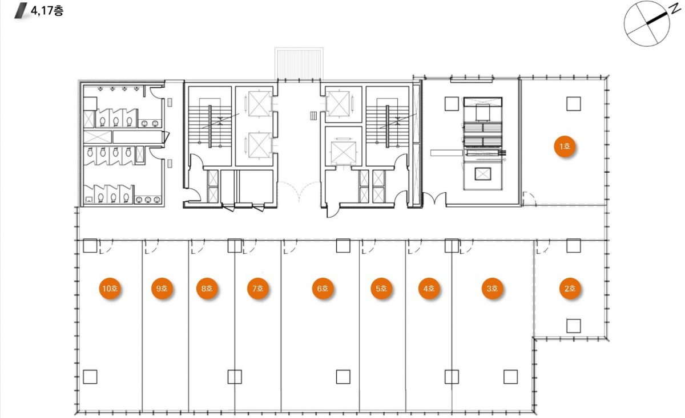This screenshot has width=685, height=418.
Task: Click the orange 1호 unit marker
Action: pyautogui.click(x=565, y=147)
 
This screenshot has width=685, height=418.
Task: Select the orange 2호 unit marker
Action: pyautogui.click(x=570, y=289)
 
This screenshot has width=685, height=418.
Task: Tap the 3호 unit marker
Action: pyautogui.click(x=492, y=289)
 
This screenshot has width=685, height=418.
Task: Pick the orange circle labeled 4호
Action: pyautogui.click(x=429, y=289)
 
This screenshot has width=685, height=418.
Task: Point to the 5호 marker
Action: pyautogui.click(x=381, y=289)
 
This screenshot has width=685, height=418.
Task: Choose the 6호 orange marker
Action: pyautogui.click(x=323, y=289)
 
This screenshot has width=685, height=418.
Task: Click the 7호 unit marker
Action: pyautogui.click(x=258, y=289)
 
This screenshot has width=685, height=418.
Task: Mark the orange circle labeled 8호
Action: pyautogui.click(x=207, y=289)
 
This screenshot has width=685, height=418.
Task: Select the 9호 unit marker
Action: pyautogui.click(x=162, y=289)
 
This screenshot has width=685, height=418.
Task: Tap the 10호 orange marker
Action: pyautogui.click(x=110, y=289)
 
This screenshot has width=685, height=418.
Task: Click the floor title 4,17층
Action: pyautogui.click(x=47, y=11)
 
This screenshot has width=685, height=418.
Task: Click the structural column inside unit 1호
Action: pyautogui.click(x=573, y=104)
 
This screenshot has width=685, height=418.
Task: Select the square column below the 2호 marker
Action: pyautogui.click(x=573, y=326)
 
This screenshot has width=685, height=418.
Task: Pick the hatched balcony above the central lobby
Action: pyautogui.click(x=299, y=63)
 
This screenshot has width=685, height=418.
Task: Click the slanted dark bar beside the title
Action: pyautogui.click(x=21, y=11)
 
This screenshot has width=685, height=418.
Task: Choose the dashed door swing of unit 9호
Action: pyautogui.click(x=152, y=247)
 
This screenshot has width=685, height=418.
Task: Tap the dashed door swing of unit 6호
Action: pyautogui.click(x=291, y=247)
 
